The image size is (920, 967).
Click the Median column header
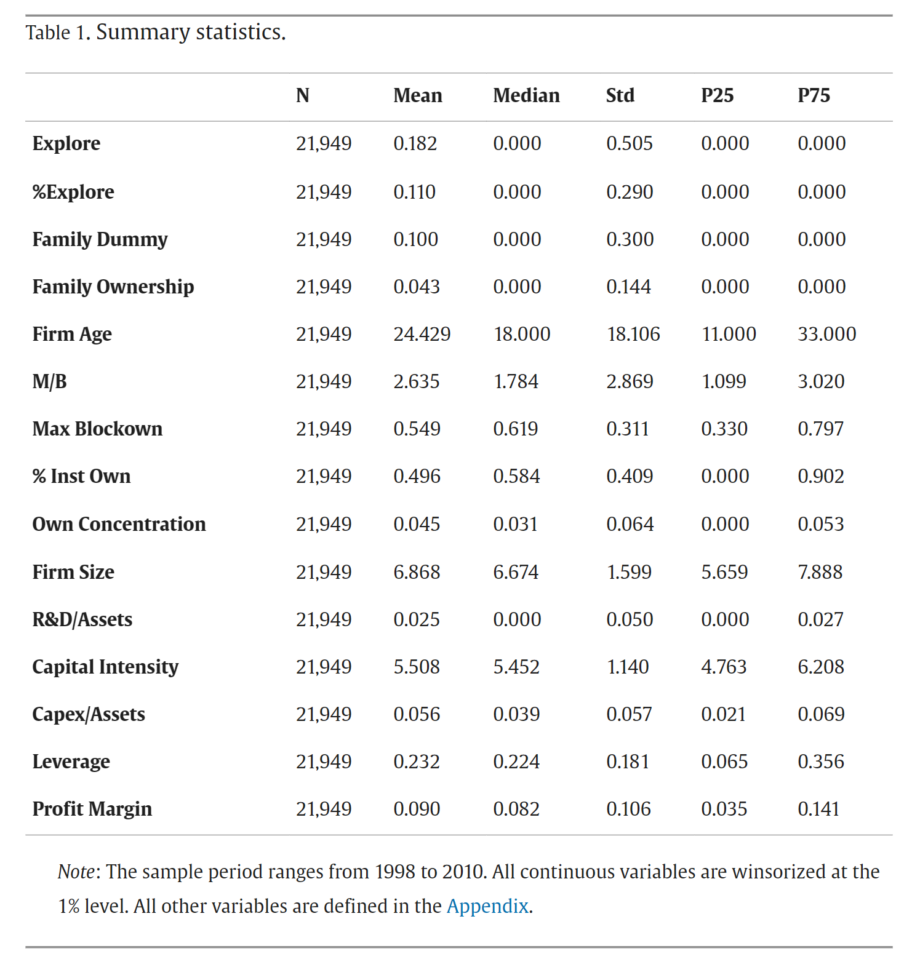tap(526, 95)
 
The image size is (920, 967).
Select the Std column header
tap(620, 95)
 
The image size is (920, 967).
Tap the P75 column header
tap(814, 95)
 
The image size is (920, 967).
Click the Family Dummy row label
tap(100, 239)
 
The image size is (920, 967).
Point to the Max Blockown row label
tap(97, 429)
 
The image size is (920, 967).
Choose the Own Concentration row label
tap(119, 524)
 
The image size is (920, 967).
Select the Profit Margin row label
tap(92, 809)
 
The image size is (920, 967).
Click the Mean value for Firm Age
tap(422, 334)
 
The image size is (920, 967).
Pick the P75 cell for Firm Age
tap(826, 334)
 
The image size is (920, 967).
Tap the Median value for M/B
tap(516, 381)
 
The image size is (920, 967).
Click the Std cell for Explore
tap(629, 143)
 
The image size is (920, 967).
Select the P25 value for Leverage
tap(724, 762)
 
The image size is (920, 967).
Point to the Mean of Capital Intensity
tap(417, 667)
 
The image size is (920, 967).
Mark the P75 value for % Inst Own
tap(820, 476)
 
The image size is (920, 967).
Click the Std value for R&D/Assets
tap(629, 619)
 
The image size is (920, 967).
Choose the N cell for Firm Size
tap(324, 572)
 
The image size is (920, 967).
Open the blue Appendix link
tap(487, 906)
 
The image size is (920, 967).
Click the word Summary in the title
tap(143, 32)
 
